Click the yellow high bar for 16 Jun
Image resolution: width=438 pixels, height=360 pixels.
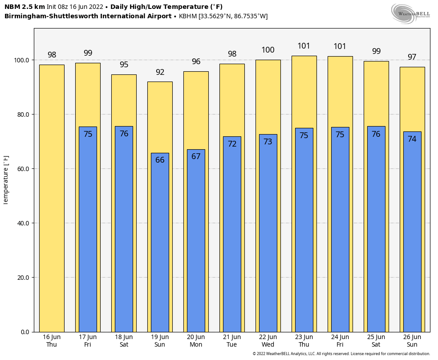(52, 198)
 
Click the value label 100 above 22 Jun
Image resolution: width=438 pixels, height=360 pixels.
(268, 50)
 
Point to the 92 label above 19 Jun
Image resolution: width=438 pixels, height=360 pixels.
(160, 72)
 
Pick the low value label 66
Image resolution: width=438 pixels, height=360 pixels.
(160, 160)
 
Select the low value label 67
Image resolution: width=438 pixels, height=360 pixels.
(196, 156)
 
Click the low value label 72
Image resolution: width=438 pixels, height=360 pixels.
(232, 144)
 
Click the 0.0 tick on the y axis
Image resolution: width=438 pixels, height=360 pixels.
(25, 332)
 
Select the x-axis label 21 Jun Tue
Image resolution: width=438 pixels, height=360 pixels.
(232, 341)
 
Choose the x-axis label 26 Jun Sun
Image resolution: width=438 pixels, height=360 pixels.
(412, 341)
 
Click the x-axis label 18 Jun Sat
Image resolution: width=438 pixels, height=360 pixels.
(124, 341)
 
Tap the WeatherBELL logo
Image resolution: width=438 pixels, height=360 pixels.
(410, 13)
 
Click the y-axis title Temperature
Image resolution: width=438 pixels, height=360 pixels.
(6, 180)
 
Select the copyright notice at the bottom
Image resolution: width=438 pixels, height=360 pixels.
(341, 354)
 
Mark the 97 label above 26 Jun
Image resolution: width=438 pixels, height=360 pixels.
(412, 57)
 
